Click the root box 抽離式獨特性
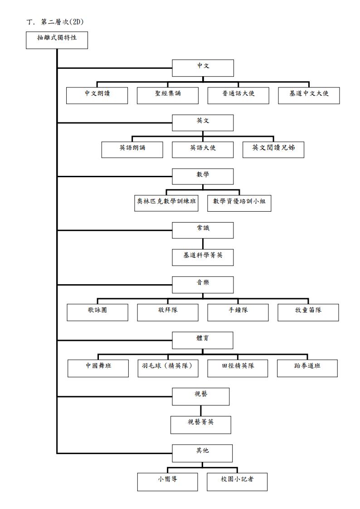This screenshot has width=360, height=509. click(57, 40)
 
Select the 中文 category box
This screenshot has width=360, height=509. click(203, 68)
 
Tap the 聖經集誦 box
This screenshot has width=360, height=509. click(167, 96)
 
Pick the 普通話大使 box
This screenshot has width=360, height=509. click(238, 96)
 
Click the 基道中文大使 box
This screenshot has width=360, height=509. click(309, 96)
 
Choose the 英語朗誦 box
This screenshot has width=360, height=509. click(132, 150)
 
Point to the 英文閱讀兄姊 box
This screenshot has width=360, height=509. click(273, 150)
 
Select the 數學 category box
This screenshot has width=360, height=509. click(203, 177)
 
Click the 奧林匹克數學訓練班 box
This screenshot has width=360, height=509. click(166, 203)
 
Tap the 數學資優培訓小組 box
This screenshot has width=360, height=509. click(239, 203)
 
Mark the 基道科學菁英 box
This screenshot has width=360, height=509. click(203, 257)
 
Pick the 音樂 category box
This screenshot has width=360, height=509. click(203, 285)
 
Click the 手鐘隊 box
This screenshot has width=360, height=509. click(238, 313)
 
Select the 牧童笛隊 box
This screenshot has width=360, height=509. click(308, 313)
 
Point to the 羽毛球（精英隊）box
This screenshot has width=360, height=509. click(168, 368)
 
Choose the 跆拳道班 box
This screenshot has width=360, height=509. click(307, 368)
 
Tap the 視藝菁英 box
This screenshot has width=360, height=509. click(200, 425)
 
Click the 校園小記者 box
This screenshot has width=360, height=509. click(237, 482)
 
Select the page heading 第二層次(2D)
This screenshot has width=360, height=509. click(62, 22)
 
